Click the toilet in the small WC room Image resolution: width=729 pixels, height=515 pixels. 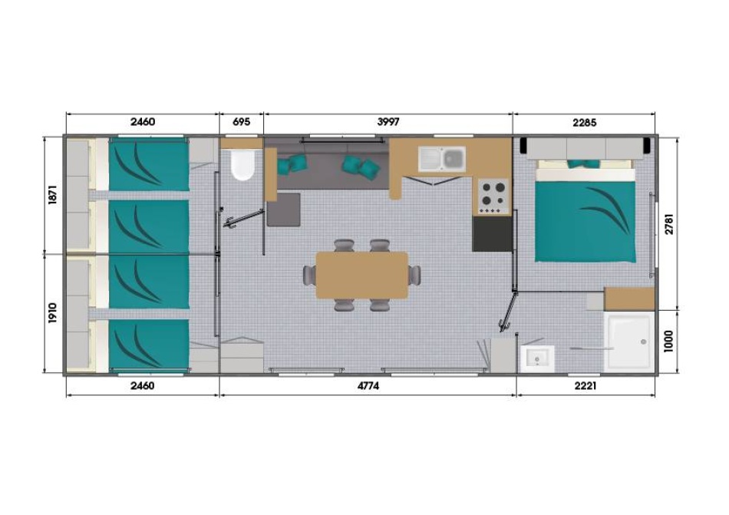tap(242, 164)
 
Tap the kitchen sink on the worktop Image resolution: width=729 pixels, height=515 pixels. tap(442, 159)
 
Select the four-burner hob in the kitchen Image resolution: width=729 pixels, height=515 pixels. tap(493, 196)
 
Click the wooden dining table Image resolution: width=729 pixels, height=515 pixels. tap(361, 276)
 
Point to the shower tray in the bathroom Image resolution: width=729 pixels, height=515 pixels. tap(629, 342)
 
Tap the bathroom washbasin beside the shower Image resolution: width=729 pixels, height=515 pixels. tap(537, 359)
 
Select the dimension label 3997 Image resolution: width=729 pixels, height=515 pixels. tap(388, 122)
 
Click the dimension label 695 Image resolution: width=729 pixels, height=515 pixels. tap(241, 122)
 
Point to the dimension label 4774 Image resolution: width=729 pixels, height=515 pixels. tap(368, 386)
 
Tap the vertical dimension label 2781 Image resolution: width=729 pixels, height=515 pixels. tap(668, 223)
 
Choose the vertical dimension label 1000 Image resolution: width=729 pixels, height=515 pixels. tap(668, 342)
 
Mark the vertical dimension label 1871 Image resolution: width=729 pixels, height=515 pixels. tap(52, 194)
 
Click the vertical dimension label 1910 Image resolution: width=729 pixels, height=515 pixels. tap(52, 313)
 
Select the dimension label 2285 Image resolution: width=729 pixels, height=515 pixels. tap(585, 123)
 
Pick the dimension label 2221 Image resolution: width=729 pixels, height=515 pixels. tap(586, 386)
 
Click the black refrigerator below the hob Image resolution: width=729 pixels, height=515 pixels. tap(493, 234)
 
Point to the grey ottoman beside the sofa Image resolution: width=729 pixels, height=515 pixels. tap(284, 210)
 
